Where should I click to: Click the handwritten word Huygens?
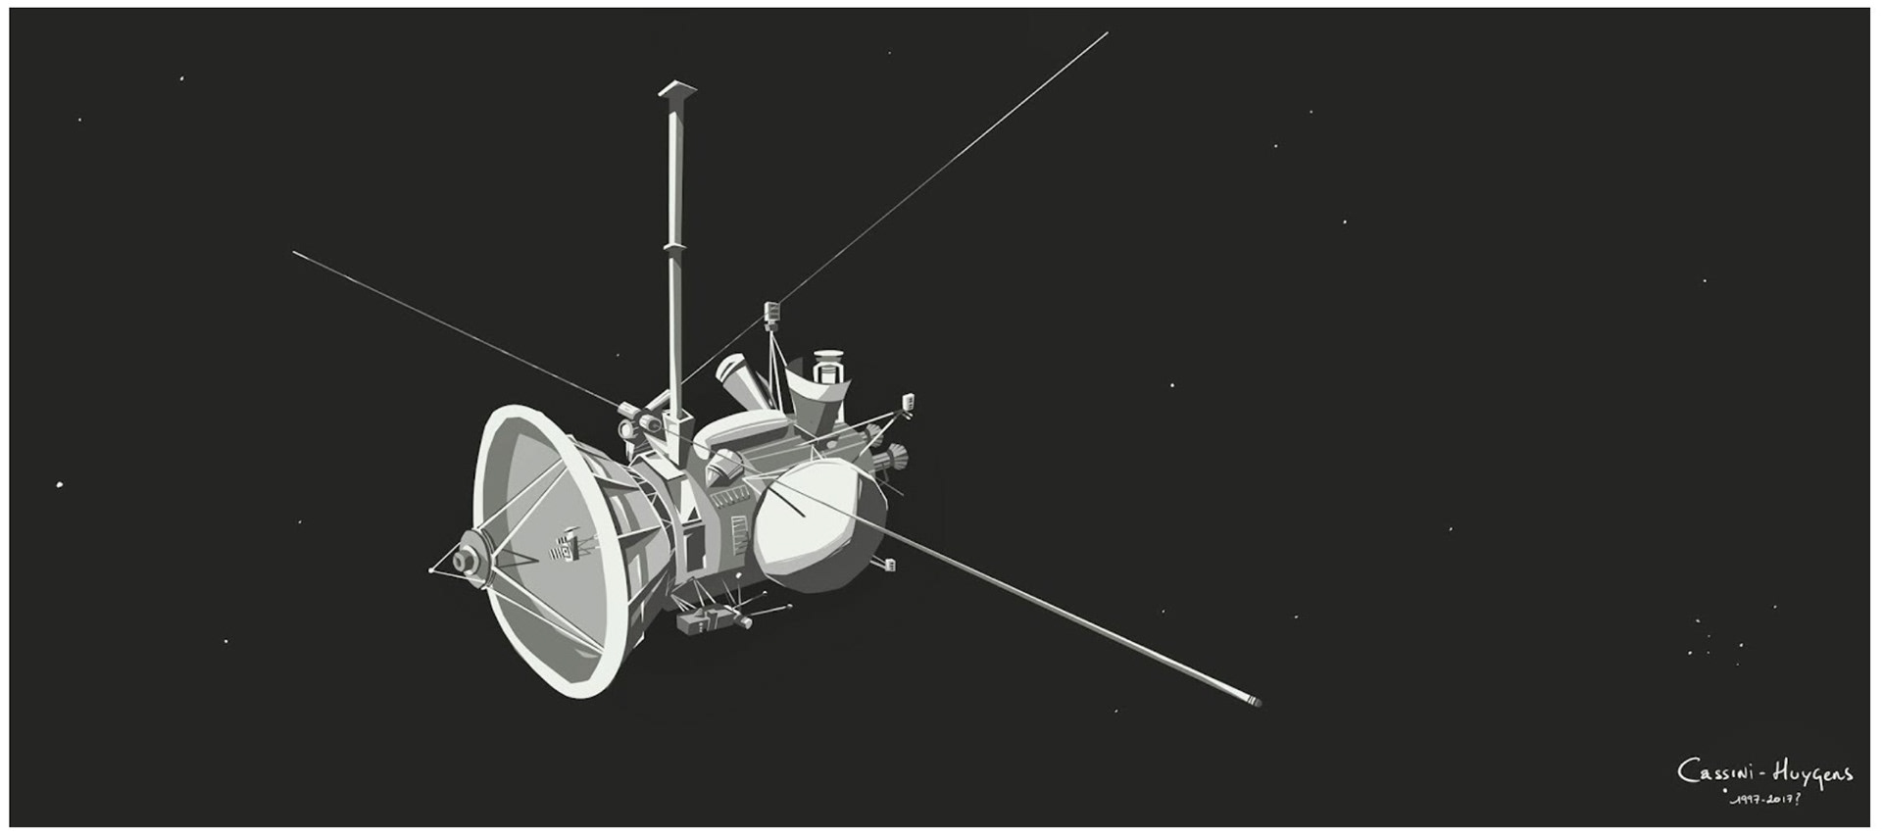coord(1812,776)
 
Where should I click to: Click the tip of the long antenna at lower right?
coord(1258,702)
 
